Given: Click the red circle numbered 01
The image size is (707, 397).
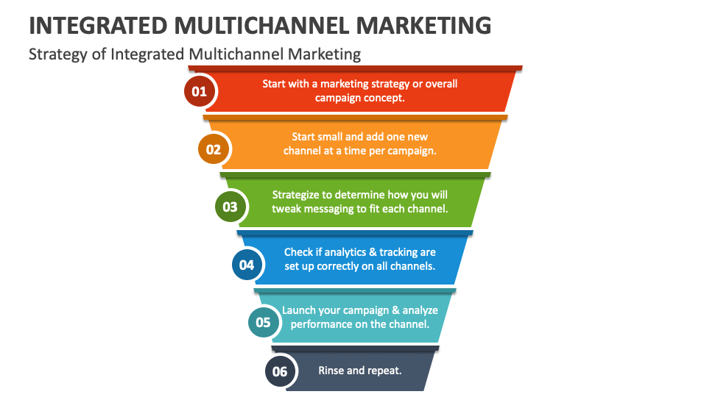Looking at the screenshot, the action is [x=200, y=91].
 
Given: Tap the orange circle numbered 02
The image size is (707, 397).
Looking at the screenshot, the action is [x=214, y=149].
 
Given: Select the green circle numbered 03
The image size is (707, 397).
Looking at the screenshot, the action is [x=230, y=207].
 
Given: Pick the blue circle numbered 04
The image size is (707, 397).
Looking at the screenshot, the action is [x=247, y=264].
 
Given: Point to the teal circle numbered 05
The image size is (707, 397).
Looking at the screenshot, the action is [x=264, y=322].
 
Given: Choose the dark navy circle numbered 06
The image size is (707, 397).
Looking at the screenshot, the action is [x=280, y=371].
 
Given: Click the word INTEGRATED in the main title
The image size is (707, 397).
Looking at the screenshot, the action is [x=98, y=25].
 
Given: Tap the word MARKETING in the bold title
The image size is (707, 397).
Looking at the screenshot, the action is [x=423, y=25].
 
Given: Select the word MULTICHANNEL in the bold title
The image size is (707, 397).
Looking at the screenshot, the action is [x=261, y=25].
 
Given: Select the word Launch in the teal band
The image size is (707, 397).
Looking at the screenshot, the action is [x=298, y=310].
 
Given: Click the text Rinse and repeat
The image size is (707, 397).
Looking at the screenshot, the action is [x=360, y=371].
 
